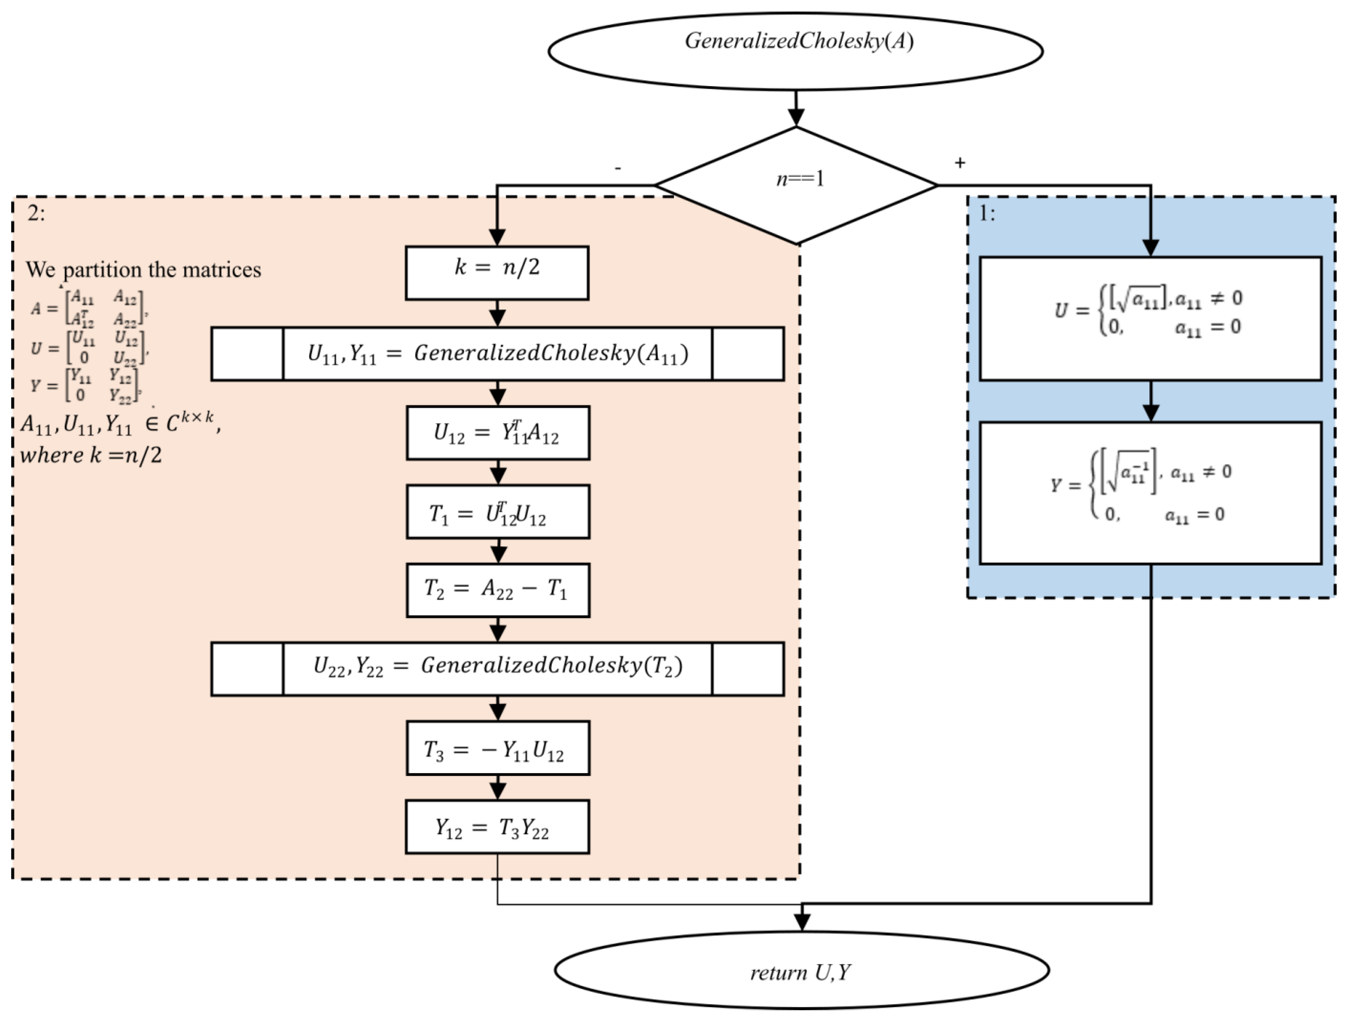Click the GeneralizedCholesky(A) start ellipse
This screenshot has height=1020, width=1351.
click(795, 51)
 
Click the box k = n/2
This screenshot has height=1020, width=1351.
click(497, 272)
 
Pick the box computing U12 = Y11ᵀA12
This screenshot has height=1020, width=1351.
click(498, 432)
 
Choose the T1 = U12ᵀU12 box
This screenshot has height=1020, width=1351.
click(498, 512)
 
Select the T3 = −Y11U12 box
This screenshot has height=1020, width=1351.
click(498, 748)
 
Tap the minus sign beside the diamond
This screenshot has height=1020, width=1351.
click(618, 167)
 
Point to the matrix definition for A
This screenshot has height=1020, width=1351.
click(89, 307)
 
